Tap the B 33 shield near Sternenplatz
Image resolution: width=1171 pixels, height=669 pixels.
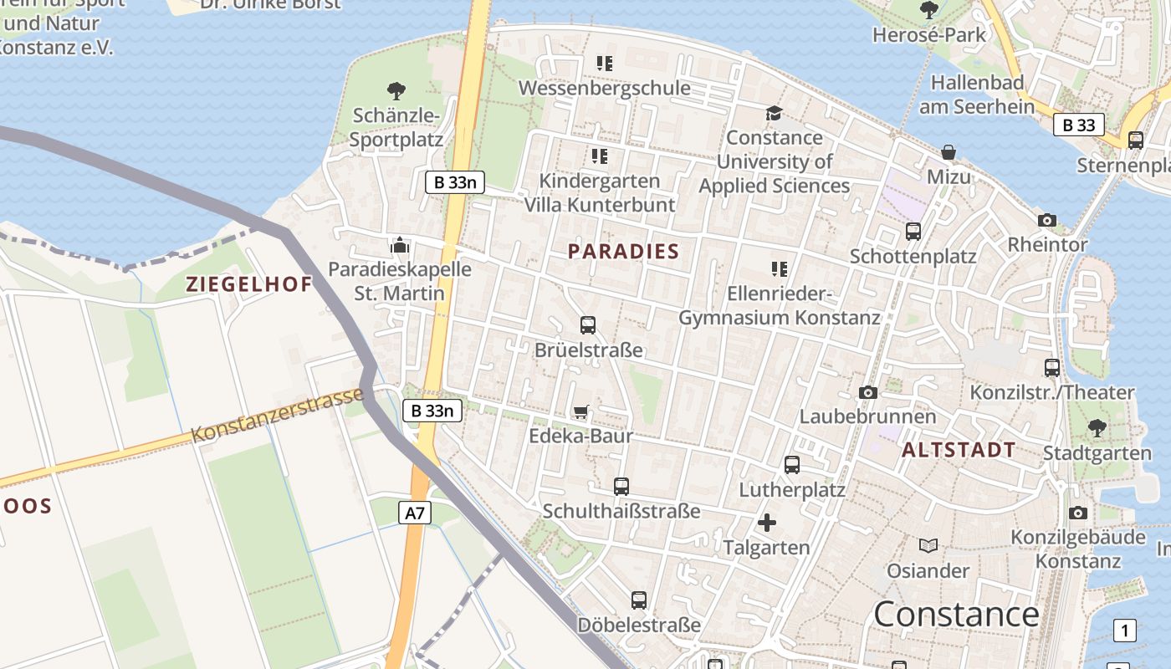[x=1078, y=125]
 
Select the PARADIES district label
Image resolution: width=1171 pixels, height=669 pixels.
[x=623, y=251]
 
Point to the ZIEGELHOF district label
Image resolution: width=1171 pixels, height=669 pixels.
[x=249, y=284]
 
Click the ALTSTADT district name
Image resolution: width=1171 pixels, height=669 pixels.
[x=959, y=450]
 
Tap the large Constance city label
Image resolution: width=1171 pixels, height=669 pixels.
[x=956, y=615]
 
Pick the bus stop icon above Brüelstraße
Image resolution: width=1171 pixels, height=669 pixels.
[x=588, y=325]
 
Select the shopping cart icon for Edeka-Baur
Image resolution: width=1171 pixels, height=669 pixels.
[x=580, y=411]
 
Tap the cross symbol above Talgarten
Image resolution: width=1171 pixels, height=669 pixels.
[x=766, y=523]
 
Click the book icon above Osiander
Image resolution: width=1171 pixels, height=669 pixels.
[x=928, y=546]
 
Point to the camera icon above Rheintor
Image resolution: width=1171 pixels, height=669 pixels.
[x=1046, y=221]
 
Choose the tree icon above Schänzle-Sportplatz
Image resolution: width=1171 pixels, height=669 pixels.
[x=396, y=90]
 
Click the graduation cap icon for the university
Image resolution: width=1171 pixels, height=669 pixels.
[x=774, y=113]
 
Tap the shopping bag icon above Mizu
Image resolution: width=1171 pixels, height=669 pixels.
[x=949, y=152]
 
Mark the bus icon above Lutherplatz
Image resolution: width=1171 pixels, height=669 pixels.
[x=792, y=465]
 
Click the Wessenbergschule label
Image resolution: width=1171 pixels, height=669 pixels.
[x=605, y=88]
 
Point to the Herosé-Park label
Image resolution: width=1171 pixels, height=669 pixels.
[x=929, y=34]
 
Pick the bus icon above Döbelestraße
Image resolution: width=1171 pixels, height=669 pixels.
[x=639, y=600]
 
